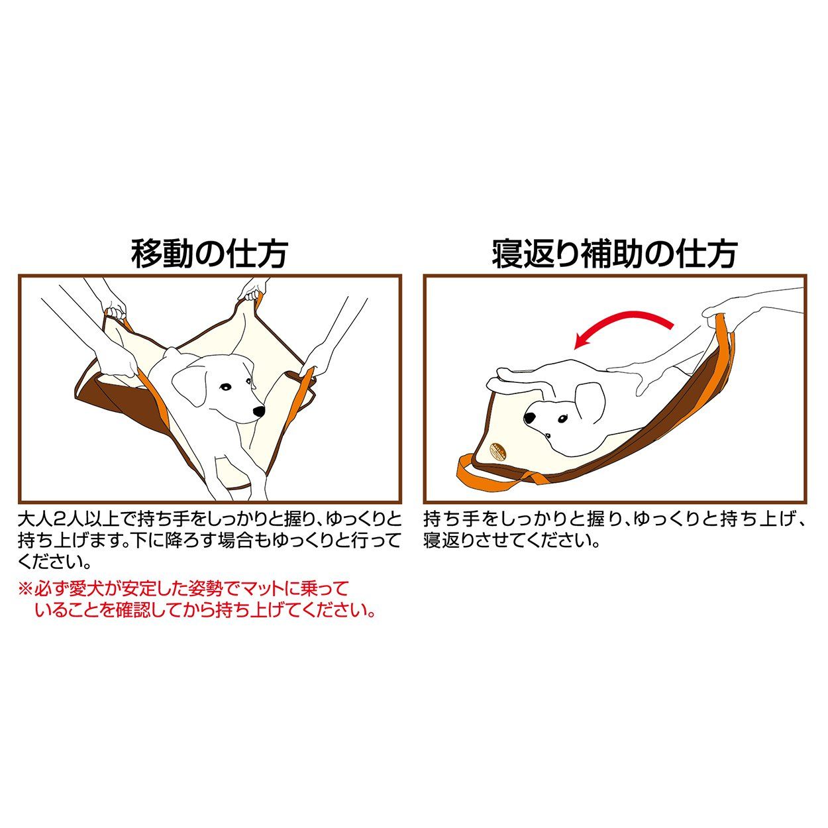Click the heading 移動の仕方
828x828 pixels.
[x=209, y=253]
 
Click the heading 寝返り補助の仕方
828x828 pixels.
[x=614, y=253]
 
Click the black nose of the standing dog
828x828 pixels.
[x=258, y=412]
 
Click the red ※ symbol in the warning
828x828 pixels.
[x=25, y=588]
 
